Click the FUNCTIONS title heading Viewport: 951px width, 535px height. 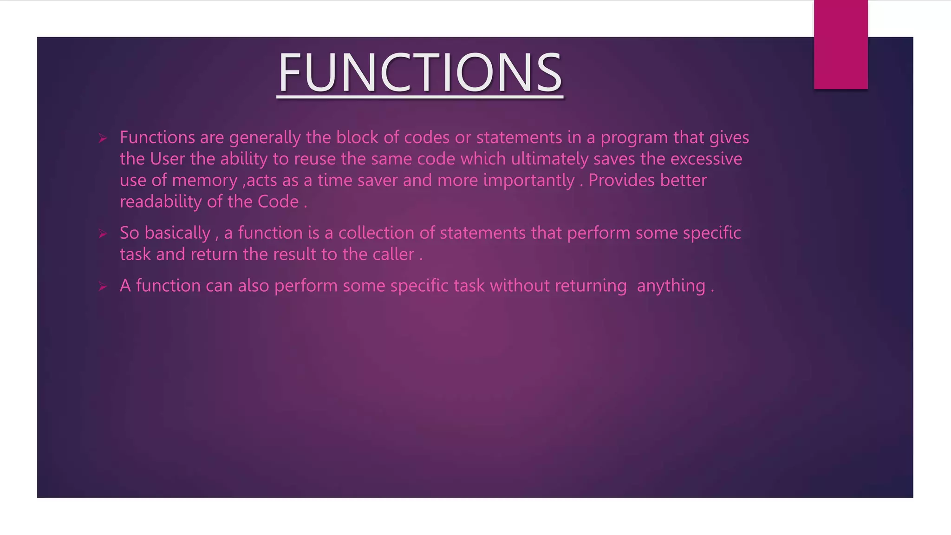click(420, 73)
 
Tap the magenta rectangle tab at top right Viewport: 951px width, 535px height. click(840, 45)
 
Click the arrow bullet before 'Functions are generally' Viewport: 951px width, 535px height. click(103, 138)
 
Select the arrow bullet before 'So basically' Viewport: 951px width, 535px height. click(103, 234)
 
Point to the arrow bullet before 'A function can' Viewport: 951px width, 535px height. click(103, 287)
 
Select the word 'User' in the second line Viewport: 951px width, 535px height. click(167, 159)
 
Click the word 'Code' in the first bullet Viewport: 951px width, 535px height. click(278, 202)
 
